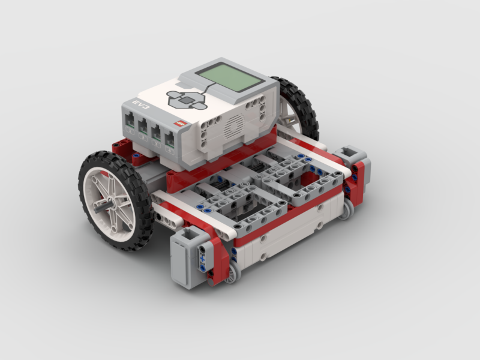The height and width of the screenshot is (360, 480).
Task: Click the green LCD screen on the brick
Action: (230, 77)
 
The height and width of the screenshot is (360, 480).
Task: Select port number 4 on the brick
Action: (170, 141)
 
